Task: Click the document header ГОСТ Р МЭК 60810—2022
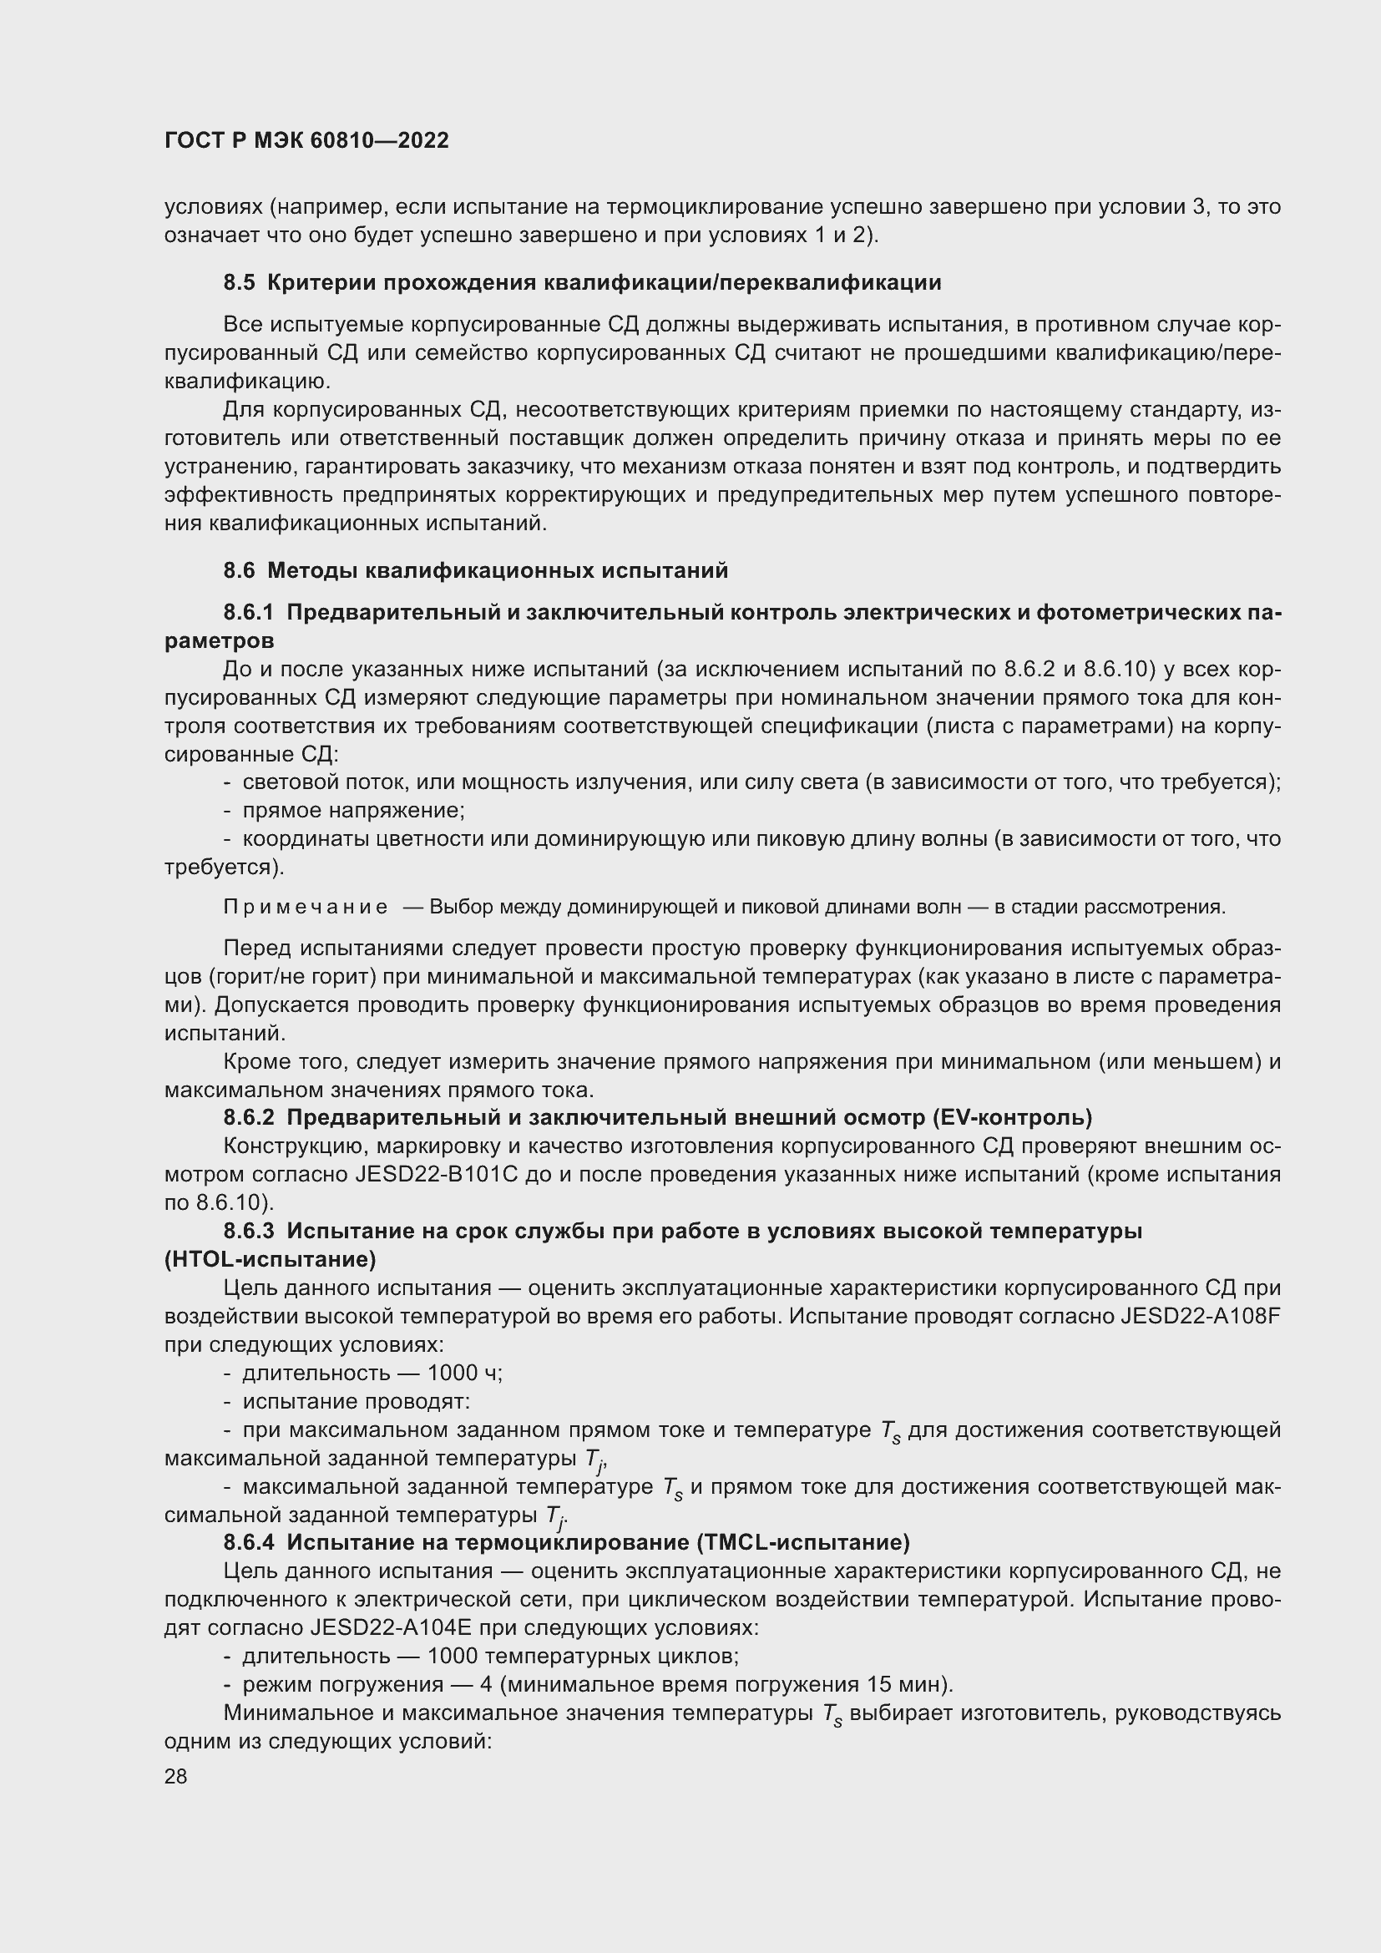click(306, 141)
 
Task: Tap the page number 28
click(176, 1776)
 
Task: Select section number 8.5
click(239, 282)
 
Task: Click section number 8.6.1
click(249, 612)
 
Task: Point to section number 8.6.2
click(249, 1117)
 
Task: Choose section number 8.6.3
click(249, 1231)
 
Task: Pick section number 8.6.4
click(249, 1542)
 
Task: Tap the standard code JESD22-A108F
click(1201, 1316)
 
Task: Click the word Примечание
click(306, 907)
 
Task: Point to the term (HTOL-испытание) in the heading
click(271, 1259)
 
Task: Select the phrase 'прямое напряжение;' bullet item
click(354, 811)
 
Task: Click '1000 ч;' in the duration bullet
click(465, 1373)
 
